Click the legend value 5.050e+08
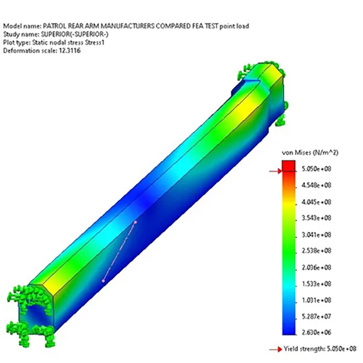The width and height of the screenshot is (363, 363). click(316, 169)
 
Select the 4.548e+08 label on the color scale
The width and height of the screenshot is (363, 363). click(316, 185)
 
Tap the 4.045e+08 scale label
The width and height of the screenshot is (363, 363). click(316, 202)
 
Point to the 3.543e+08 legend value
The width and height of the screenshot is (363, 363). click(316, 218)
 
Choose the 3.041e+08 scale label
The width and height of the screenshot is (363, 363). click(316, 235)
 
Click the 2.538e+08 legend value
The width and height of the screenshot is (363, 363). click(316, 250)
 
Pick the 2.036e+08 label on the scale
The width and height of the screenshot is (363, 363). click(316, 267)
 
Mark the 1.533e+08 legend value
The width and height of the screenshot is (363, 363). click(316, 284)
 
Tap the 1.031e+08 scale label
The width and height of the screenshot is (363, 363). click(316, 300)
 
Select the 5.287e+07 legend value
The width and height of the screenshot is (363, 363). click(316, 316)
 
